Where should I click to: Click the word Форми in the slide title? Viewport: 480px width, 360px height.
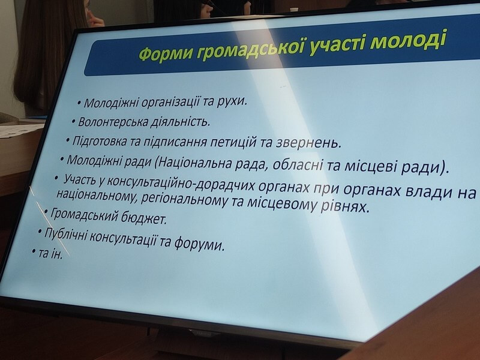click(x=167, y=53)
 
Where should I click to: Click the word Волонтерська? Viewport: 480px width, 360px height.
click(x=113, y=122)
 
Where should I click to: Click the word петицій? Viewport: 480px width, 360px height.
click(x=233, y=142)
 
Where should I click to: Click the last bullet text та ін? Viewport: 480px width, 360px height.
click(x=50, y=254)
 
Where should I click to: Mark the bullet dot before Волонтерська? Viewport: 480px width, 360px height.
click(x=73, y=122)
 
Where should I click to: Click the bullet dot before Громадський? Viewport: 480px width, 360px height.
click(x=46, y=211)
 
